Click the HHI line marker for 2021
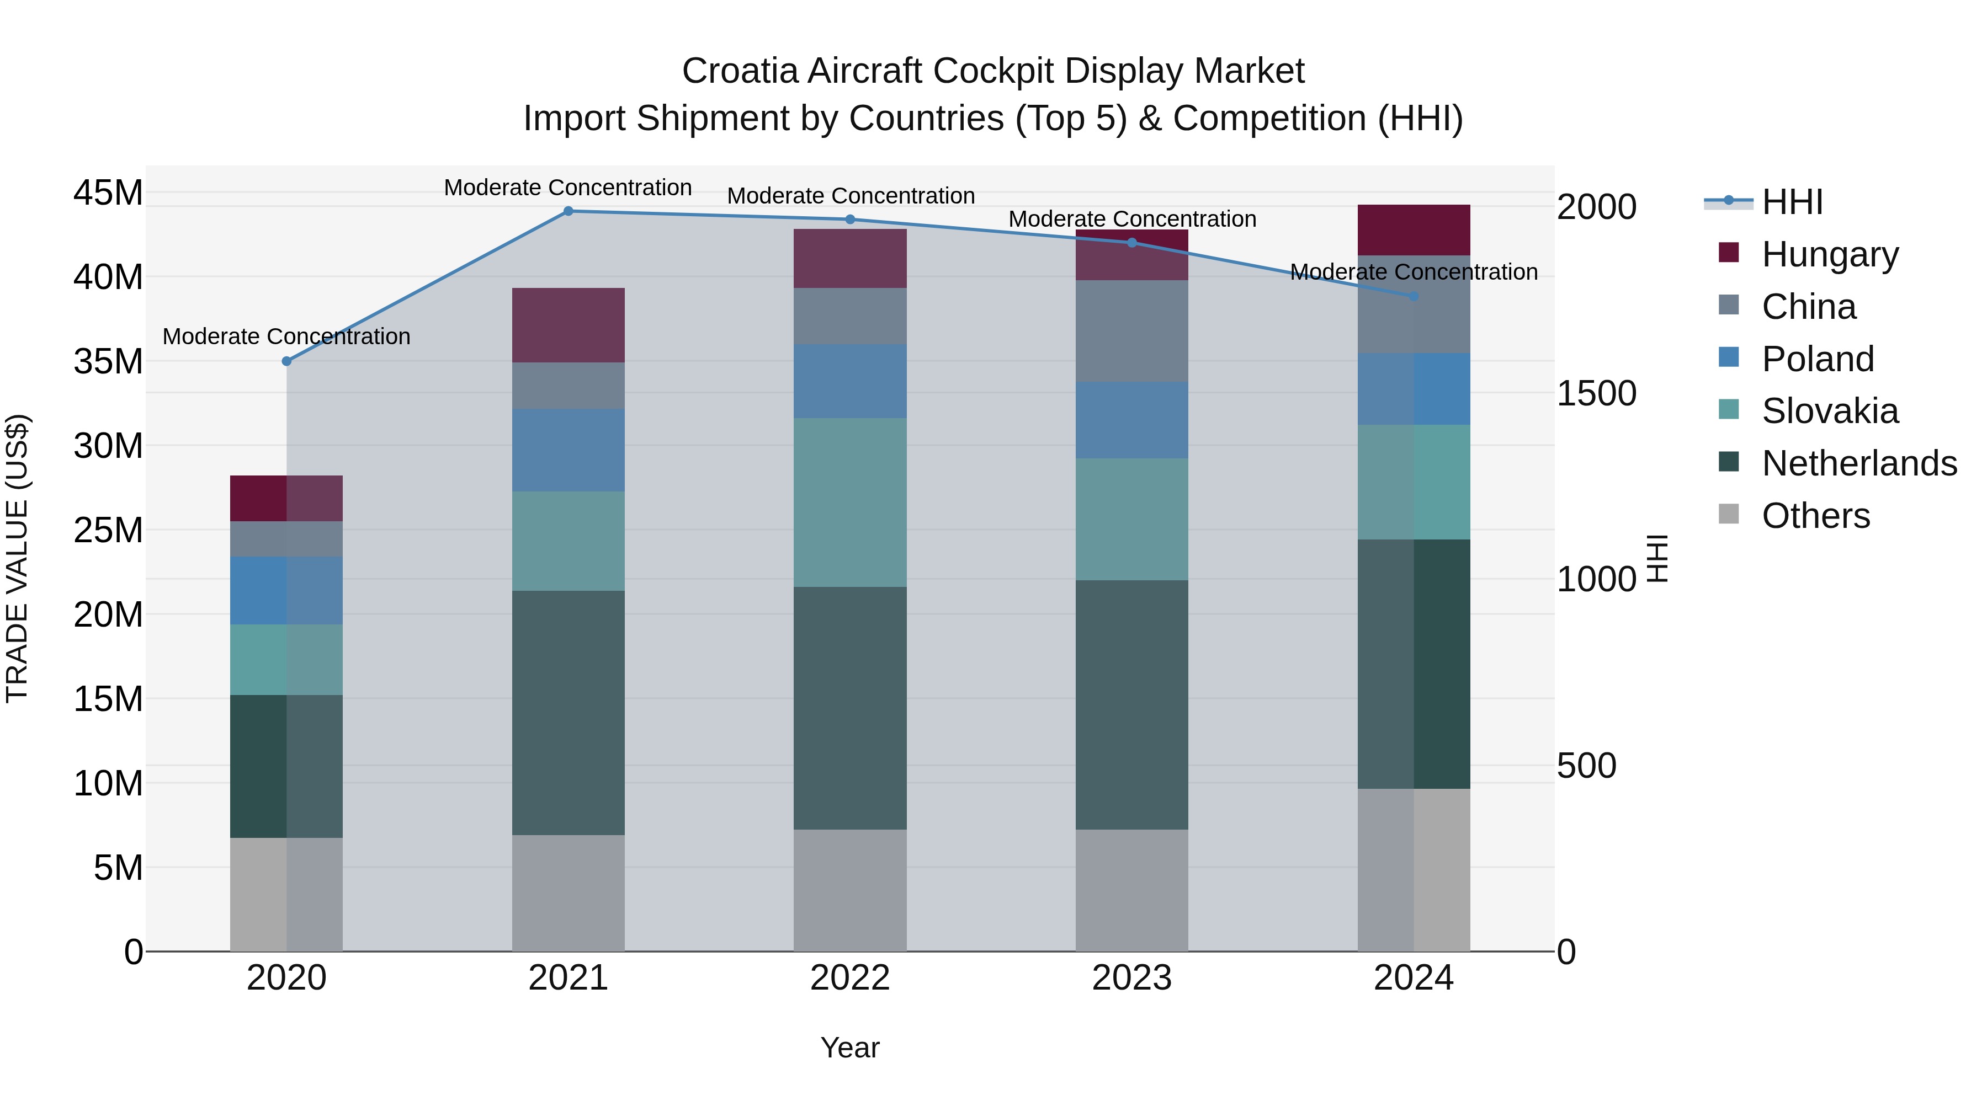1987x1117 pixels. pos(569,211)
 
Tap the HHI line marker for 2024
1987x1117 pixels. pos(1414,296)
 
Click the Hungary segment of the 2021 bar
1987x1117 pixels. pos(569,325)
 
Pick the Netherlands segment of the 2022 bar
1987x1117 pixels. pos(850,708)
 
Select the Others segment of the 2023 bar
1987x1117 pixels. pos(1131,890)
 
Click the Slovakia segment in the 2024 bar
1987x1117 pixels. pos(1414,482)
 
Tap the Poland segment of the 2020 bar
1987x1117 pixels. pos(286,590)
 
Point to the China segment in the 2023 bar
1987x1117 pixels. pos(1131,331)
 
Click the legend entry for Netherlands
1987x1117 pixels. pos(1859,463)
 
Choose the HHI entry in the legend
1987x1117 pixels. pos(1792,202)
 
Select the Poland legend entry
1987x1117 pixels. pos(1818,359)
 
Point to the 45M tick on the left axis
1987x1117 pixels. pos(108,193)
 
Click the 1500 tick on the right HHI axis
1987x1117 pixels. pos(1596,393)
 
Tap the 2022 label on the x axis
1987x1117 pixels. pos(850,978)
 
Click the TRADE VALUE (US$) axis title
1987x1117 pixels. pos(17,558)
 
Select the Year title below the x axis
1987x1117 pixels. pos(850,1047)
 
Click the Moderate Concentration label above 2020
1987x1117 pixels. pos(286,337)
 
